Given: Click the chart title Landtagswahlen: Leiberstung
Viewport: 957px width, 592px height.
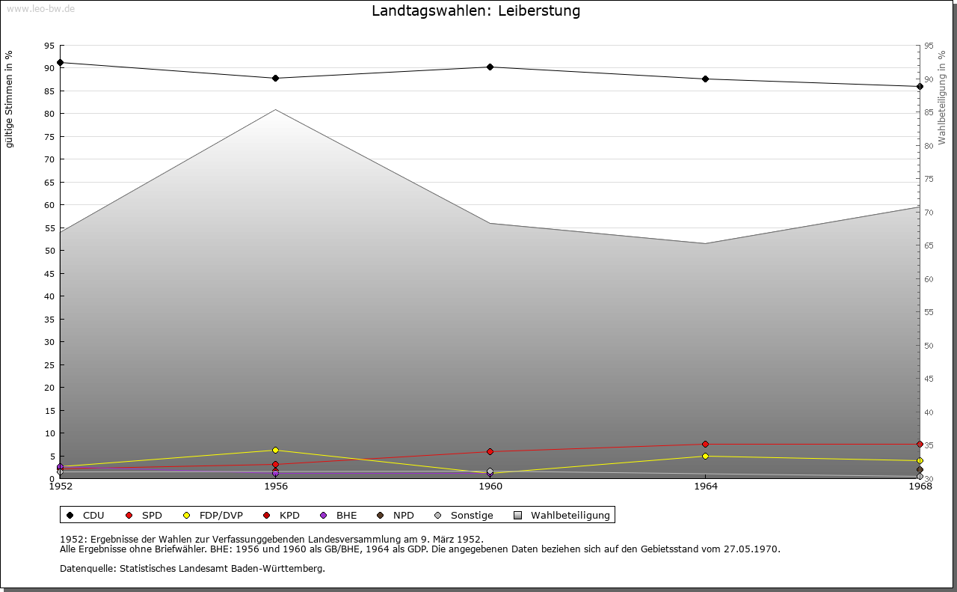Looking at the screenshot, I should coord(476,11).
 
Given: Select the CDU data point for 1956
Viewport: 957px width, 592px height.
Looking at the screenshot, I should coord(275,78).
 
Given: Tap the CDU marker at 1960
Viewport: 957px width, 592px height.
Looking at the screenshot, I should coord(490,67).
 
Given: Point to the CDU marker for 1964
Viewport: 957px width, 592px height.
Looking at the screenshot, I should coord(705,79).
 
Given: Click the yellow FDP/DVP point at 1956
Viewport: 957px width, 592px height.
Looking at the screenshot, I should coord(275,450).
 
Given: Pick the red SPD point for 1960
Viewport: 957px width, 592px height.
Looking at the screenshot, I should coord(490,451).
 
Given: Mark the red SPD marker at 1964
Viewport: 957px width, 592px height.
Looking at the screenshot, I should coord(705,444).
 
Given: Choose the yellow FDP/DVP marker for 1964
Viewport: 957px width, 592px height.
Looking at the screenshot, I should coord(705,456).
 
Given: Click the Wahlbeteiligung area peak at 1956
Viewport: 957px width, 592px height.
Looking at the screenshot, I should coord(275,110).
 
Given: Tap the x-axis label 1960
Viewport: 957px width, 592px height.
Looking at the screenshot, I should coord(490,486).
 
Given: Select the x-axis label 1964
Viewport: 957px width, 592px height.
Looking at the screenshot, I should coord(705,486).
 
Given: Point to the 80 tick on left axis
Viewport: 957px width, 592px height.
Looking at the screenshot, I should coord(49,114).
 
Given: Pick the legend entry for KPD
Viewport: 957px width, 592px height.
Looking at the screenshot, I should coord(289,515).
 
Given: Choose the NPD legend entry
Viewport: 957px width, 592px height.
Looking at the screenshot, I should coord(403,515).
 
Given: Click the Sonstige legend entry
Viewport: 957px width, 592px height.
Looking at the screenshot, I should coord(471,515).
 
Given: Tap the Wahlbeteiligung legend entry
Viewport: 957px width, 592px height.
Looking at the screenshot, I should coord(570,515).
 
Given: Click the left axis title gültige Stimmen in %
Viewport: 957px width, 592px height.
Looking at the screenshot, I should coord(10,100).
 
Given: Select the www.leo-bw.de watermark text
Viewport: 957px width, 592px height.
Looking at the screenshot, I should coord(40,8).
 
